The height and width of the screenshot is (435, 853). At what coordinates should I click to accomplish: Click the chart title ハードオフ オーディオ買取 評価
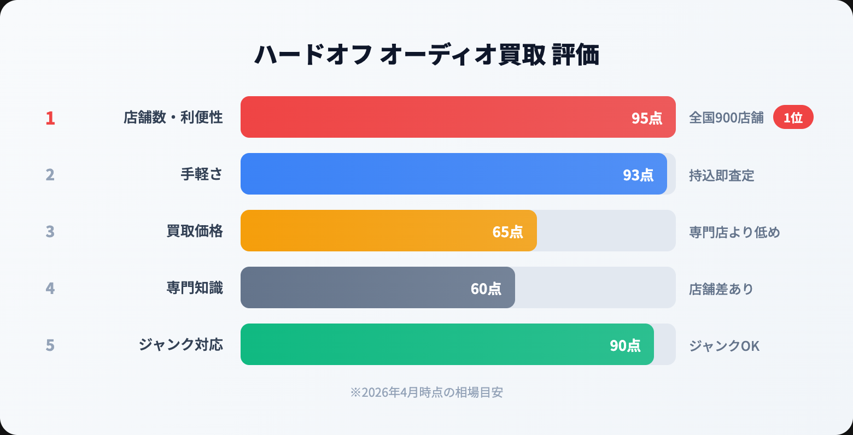click(426, 55)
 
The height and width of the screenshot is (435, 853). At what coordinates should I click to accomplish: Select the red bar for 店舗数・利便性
click(426, 117)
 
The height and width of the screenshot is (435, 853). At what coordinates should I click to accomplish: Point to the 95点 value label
click(647, 118)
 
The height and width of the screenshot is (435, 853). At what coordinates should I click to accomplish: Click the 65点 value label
click(507, 232)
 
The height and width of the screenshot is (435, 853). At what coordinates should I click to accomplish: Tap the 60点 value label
click(486, 289)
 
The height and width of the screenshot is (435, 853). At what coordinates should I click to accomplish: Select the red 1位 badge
click(793, 117)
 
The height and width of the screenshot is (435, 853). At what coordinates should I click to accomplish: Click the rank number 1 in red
click(50, 118)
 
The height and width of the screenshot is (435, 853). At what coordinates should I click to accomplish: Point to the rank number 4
click(50, 288)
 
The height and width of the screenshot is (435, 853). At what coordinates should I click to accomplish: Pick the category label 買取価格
click(195, 231)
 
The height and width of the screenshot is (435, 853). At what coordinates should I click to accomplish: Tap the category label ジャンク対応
click(181, 344)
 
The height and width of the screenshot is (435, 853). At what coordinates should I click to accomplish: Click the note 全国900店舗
click(726, 117)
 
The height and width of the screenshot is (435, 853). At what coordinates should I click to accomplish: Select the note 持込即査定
click(721, 175)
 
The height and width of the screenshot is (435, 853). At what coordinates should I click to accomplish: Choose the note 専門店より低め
click(734, 232)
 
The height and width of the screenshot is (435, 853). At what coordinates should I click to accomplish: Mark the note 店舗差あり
click(721, 289)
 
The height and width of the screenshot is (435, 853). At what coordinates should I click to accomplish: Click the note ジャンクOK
click(724, 346)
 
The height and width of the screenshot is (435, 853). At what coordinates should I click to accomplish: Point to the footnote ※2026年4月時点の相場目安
click(426, 392)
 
